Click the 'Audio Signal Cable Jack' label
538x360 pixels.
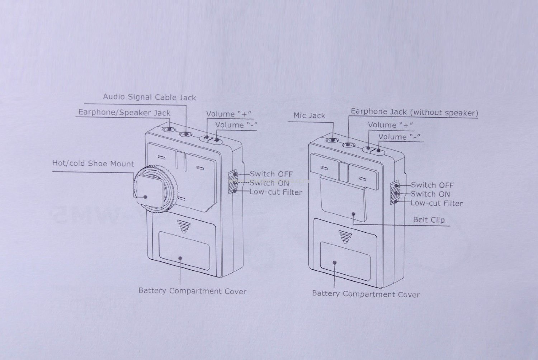coord(149,97)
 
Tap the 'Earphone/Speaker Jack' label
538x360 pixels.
coord(124,113)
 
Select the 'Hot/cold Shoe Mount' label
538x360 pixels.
coord(93,164)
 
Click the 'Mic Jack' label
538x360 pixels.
coord(309,115)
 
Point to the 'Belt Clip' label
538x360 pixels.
coord(429,219)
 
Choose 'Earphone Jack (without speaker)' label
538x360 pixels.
coord(414,112)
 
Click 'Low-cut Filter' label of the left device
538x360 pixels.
coord(276,192)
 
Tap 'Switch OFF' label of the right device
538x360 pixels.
coord(432,185)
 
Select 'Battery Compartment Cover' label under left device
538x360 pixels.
coord(192,291)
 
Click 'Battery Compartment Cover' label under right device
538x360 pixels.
coord(365,294)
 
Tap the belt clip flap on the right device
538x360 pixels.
coord(343,201)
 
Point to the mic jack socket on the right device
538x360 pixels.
coord(332,141)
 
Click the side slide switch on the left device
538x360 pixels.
coord(233,183)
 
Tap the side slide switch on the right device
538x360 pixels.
coord(395,194)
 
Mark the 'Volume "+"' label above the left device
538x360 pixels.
coord(228,114)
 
